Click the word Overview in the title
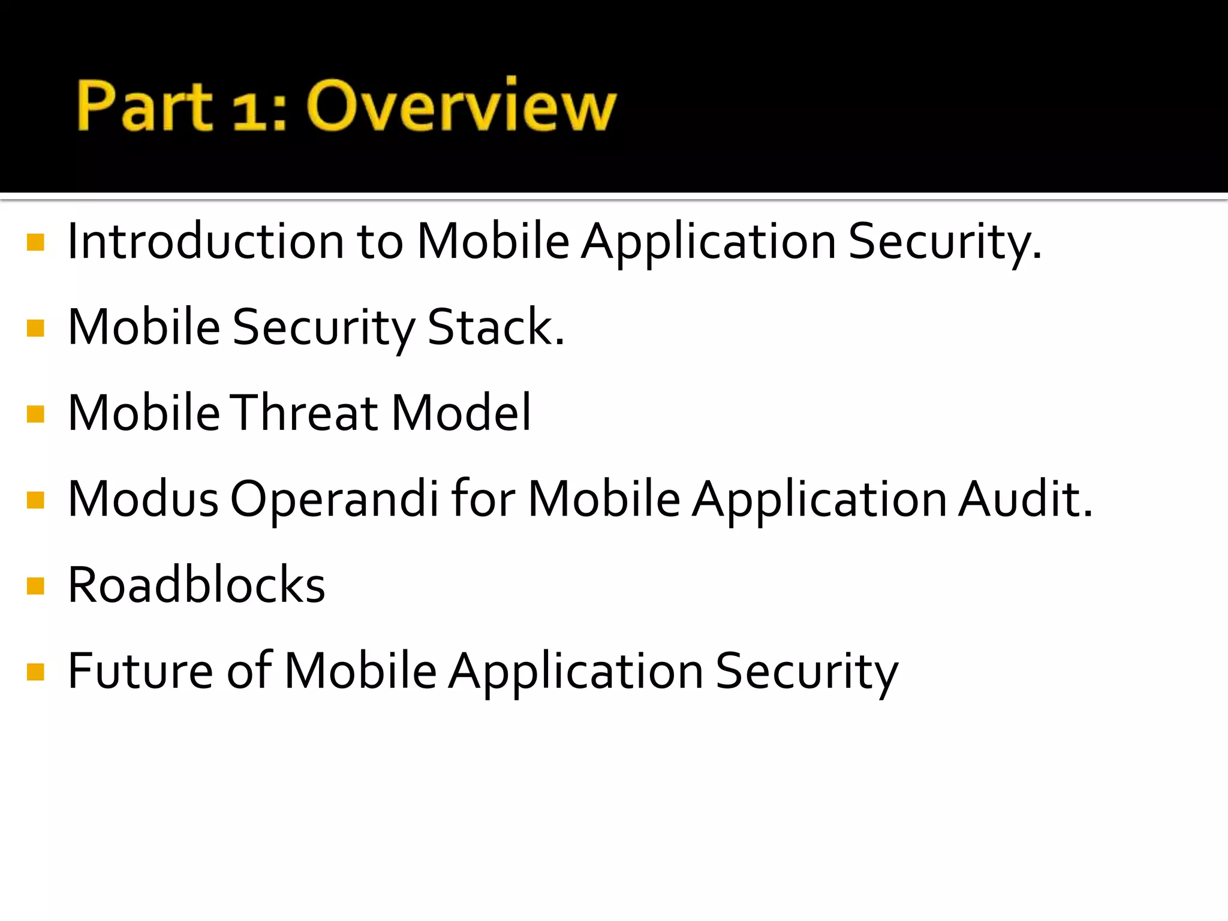tap(460, 106)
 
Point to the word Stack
tap(495, 327)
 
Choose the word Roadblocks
tap(196, 585)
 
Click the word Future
tap(140, 670)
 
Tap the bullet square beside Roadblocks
tap(36, 586)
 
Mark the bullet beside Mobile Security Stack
tap(36, 328)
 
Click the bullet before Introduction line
tap(36, 242)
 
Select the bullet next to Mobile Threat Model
tap(36, 414)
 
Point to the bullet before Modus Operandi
tap(36, 500)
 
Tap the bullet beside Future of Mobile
tap(36, 672)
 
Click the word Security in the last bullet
tap(806, 672)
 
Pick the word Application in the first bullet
tap(709, 242)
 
